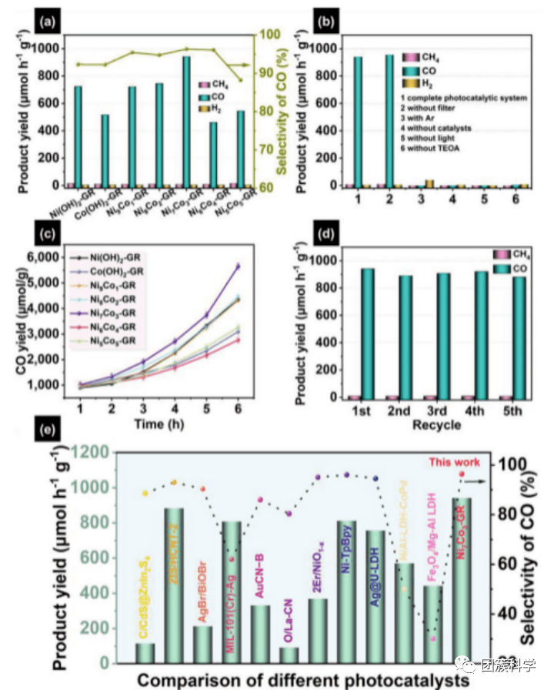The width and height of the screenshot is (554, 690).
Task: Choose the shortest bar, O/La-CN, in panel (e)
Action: (289, 654)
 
